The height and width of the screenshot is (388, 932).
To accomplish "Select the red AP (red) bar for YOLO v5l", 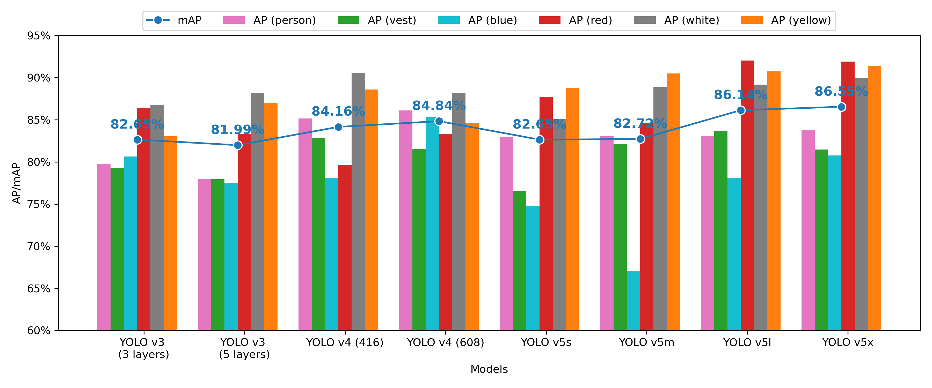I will click(x=747, y=195).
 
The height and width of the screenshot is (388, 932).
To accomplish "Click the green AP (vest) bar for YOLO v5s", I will click(x=520, y=260).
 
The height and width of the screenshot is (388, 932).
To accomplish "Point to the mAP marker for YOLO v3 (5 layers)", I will click(x=238, y=145).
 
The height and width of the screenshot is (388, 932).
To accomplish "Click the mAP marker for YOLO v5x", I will click(x=842, y=107).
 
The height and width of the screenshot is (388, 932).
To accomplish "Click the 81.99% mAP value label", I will click(x=237, y=129).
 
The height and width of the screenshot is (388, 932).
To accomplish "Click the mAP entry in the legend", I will click(x=174, y=20).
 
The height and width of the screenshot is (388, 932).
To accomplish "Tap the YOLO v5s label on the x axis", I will click(x=546, y=342).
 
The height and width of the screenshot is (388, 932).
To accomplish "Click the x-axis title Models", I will click(x=489, y=369).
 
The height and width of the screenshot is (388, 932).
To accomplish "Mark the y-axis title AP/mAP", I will click(x=17, y=183).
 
